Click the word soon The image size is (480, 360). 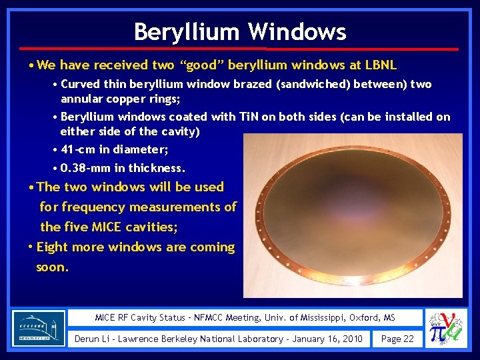(x=52, y=267)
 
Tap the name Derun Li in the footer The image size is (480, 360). (x=93, y=339)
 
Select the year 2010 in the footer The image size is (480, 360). (x=350, y=339)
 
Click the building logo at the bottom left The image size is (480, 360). (x=39, y=327)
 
